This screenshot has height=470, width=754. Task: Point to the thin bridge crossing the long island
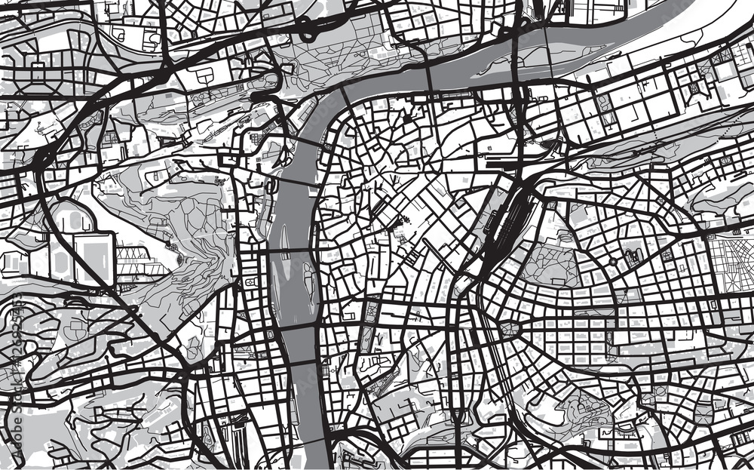point(432,75)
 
